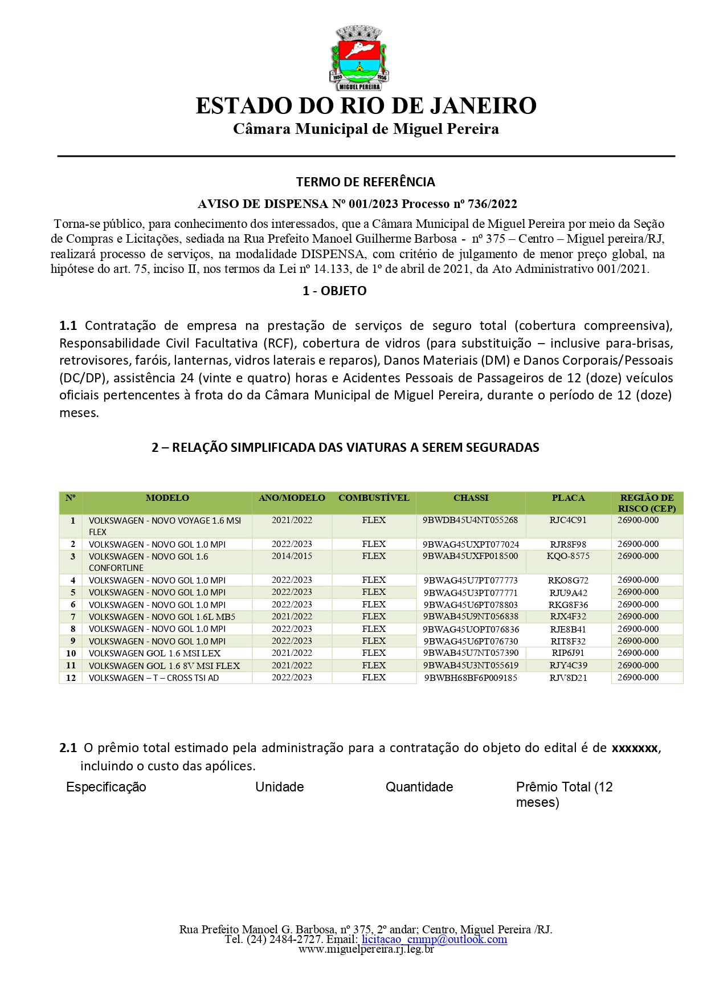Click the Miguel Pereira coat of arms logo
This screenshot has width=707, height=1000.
tap(359, 58)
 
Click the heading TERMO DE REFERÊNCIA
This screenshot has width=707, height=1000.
tap(365, 182)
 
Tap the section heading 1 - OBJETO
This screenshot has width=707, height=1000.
tap(334, 291)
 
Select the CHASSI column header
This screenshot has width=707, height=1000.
tap(471, 498)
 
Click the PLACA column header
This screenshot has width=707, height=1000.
tap(568, 498)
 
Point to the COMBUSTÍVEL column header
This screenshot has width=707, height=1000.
tap(374, 498)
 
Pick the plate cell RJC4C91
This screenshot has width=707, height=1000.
tap(568, 520)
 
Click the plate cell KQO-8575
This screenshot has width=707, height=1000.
tap(568, 556)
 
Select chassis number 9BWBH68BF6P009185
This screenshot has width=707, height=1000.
tap(471, 678)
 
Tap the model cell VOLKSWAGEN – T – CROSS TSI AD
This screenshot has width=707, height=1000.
tap(154, 678)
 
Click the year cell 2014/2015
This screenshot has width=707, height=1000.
tap(292, 556)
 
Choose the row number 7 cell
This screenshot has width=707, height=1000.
tap(72, 617)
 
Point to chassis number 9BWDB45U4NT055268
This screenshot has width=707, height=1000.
tap(470, 520)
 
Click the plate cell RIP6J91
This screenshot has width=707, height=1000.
tap(568, 653)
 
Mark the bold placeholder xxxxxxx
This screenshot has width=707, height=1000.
tap(635, 748)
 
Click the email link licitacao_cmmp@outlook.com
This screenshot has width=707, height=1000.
tap(434, 939)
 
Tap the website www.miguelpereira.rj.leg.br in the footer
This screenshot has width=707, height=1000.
tap(366, 949)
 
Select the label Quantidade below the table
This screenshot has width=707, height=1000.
tap(419, 787)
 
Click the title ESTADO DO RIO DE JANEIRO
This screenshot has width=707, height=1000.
tap(366, 106)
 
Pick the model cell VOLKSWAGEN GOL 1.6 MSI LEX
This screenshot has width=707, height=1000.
tap(154, 654)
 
